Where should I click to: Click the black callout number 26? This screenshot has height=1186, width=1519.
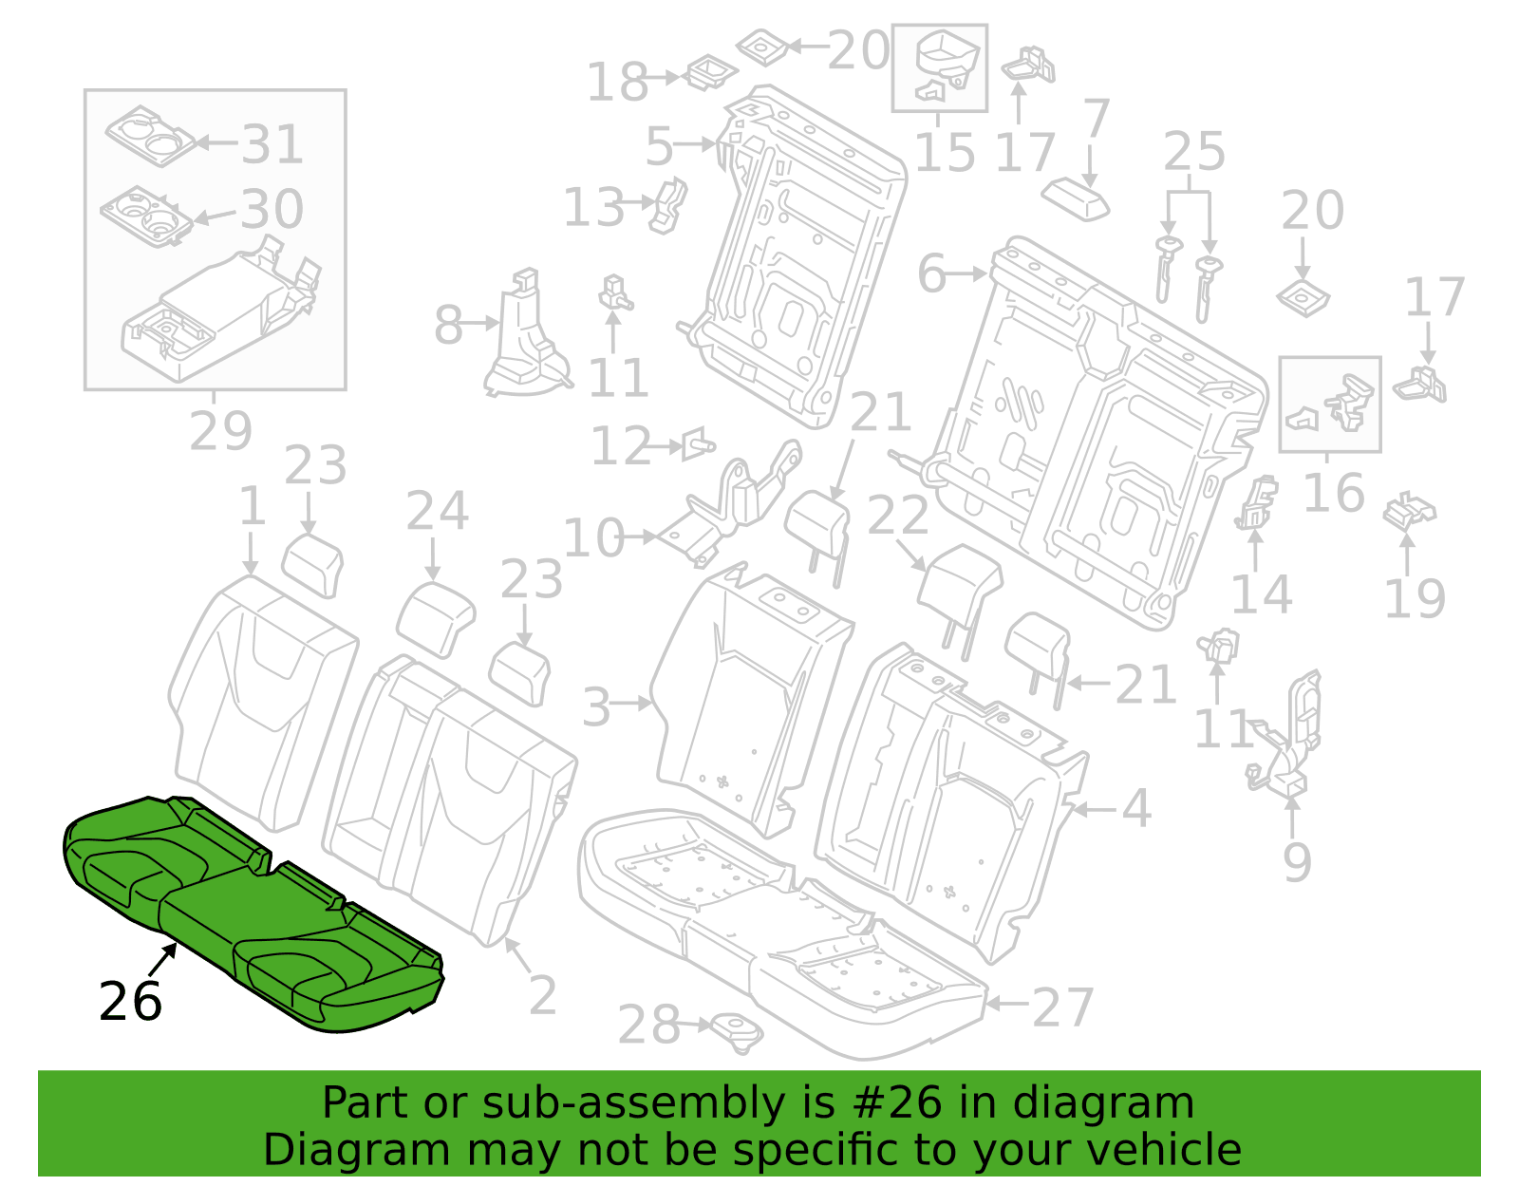tap(131, 1002)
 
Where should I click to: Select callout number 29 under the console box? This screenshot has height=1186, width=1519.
tap(220, 431)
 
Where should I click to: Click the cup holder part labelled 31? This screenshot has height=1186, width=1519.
tap(150, 137)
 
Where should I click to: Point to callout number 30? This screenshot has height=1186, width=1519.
tap(272, 208)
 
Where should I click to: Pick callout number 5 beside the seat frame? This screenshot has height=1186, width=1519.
tap(659, 147)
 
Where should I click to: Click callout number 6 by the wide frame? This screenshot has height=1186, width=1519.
tap(931, 273)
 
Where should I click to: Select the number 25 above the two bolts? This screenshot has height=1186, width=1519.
tap(1194, 151)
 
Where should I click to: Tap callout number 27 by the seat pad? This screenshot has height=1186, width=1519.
tap(1063, 1007)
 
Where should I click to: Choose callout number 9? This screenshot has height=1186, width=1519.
tap(1297, 863)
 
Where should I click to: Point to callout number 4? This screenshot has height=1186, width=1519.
tap(1136, 808)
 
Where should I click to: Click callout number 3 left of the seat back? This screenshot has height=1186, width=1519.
tap(596, 707)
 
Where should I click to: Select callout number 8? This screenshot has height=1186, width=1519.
tap(448, 325)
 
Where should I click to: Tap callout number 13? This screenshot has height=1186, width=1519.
tap(593, 208)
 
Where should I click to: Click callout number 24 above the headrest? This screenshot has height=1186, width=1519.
tap(437, 510)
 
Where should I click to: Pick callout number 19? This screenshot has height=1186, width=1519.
tap(1415, 598)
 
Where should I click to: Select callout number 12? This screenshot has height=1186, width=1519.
tap(622, 446)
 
